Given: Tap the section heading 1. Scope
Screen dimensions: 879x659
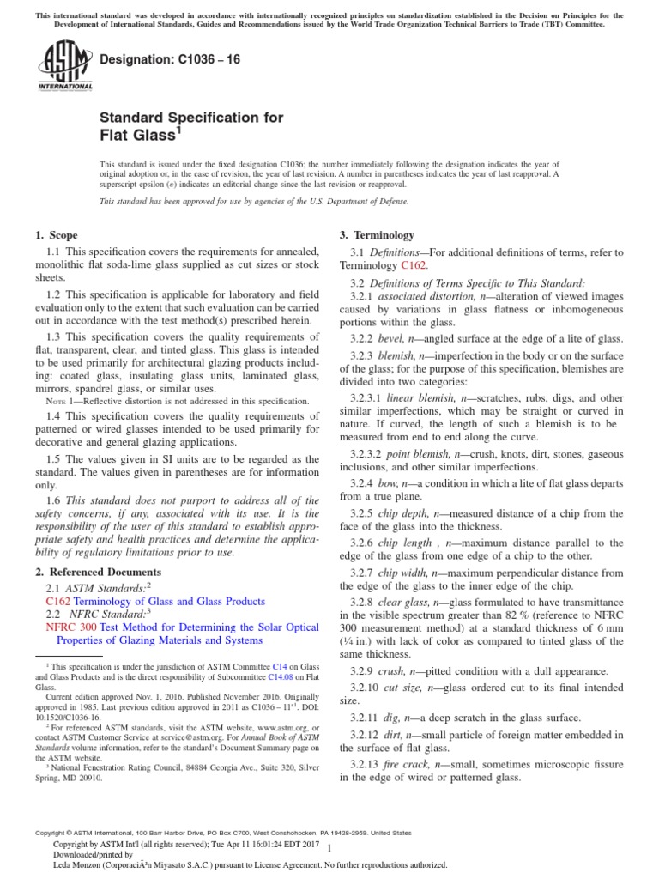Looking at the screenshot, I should point(56,235).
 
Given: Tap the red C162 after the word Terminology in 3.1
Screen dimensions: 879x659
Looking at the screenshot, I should point(414,266).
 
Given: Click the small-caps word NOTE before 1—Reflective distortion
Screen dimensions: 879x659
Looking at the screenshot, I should point(55,402).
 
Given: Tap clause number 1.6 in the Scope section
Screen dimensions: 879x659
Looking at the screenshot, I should point(53,500).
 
